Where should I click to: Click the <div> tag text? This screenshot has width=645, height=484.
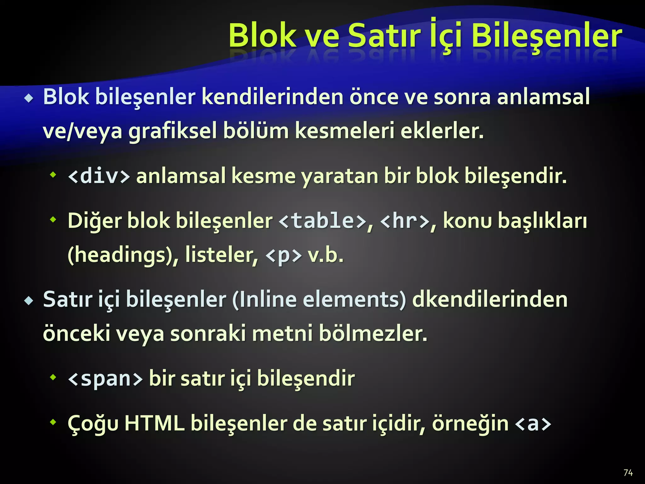click(99, 176)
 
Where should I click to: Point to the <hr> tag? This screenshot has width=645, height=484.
click(405, 221)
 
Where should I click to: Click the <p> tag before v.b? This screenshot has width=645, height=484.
click(283, 255)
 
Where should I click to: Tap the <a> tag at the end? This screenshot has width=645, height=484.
click(533, 423)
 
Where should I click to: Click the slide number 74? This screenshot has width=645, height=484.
click(628, 473)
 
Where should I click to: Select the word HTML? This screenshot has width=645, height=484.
click(154, 423)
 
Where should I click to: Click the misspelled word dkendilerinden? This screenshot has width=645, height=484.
click(490, 299)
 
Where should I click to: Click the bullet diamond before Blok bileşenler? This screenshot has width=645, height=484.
click(29, 99)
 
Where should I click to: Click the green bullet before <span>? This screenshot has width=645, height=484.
click(53, 377)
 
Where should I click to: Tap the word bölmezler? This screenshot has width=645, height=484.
click(373, 334)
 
